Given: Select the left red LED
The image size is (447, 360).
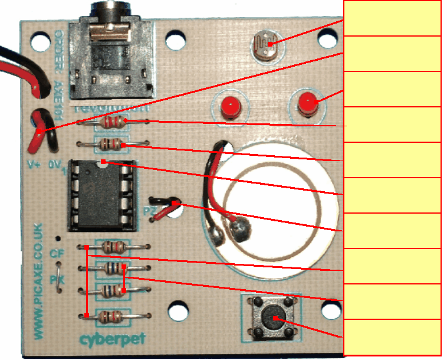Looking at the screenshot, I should pyautogui.click(x=230, y=107).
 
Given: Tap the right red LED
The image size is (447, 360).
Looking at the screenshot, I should pyautogui.click(x=307, y=104).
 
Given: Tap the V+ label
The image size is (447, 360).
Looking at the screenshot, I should pyautogui.click(x=33, y=165).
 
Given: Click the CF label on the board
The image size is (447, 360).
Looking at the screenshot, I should pyautogui.click(x=57, y=253).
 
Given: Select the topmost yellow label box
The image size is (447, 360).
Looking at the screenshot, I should pyautogui.click(x=392, y=18).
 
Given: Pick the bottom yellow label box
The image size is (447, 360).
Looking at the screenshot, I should pyautogui.click(x=392, y=338).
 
